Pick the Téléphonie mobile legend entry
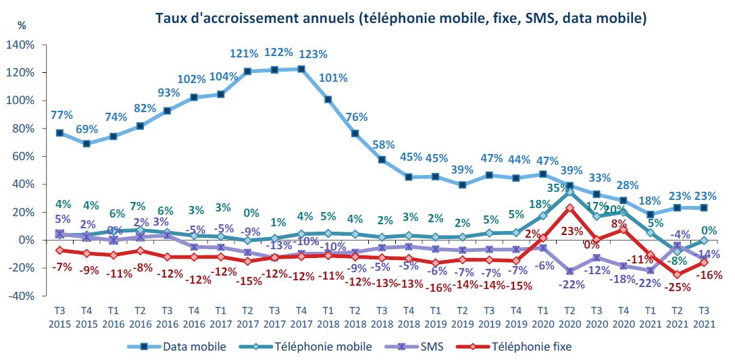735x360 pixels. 322,346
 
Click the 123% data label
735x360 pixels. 313,54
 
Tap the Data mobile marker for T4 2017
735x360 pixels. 301,69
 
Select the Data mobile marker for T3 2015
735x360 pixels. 59,133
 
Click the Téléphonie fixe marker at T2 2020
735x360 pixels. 570,208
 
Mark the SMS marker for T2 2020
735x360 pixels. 570,271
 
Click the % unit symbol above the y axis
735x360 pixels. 22,26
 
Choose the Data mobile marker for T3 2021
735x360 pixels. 704,208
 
